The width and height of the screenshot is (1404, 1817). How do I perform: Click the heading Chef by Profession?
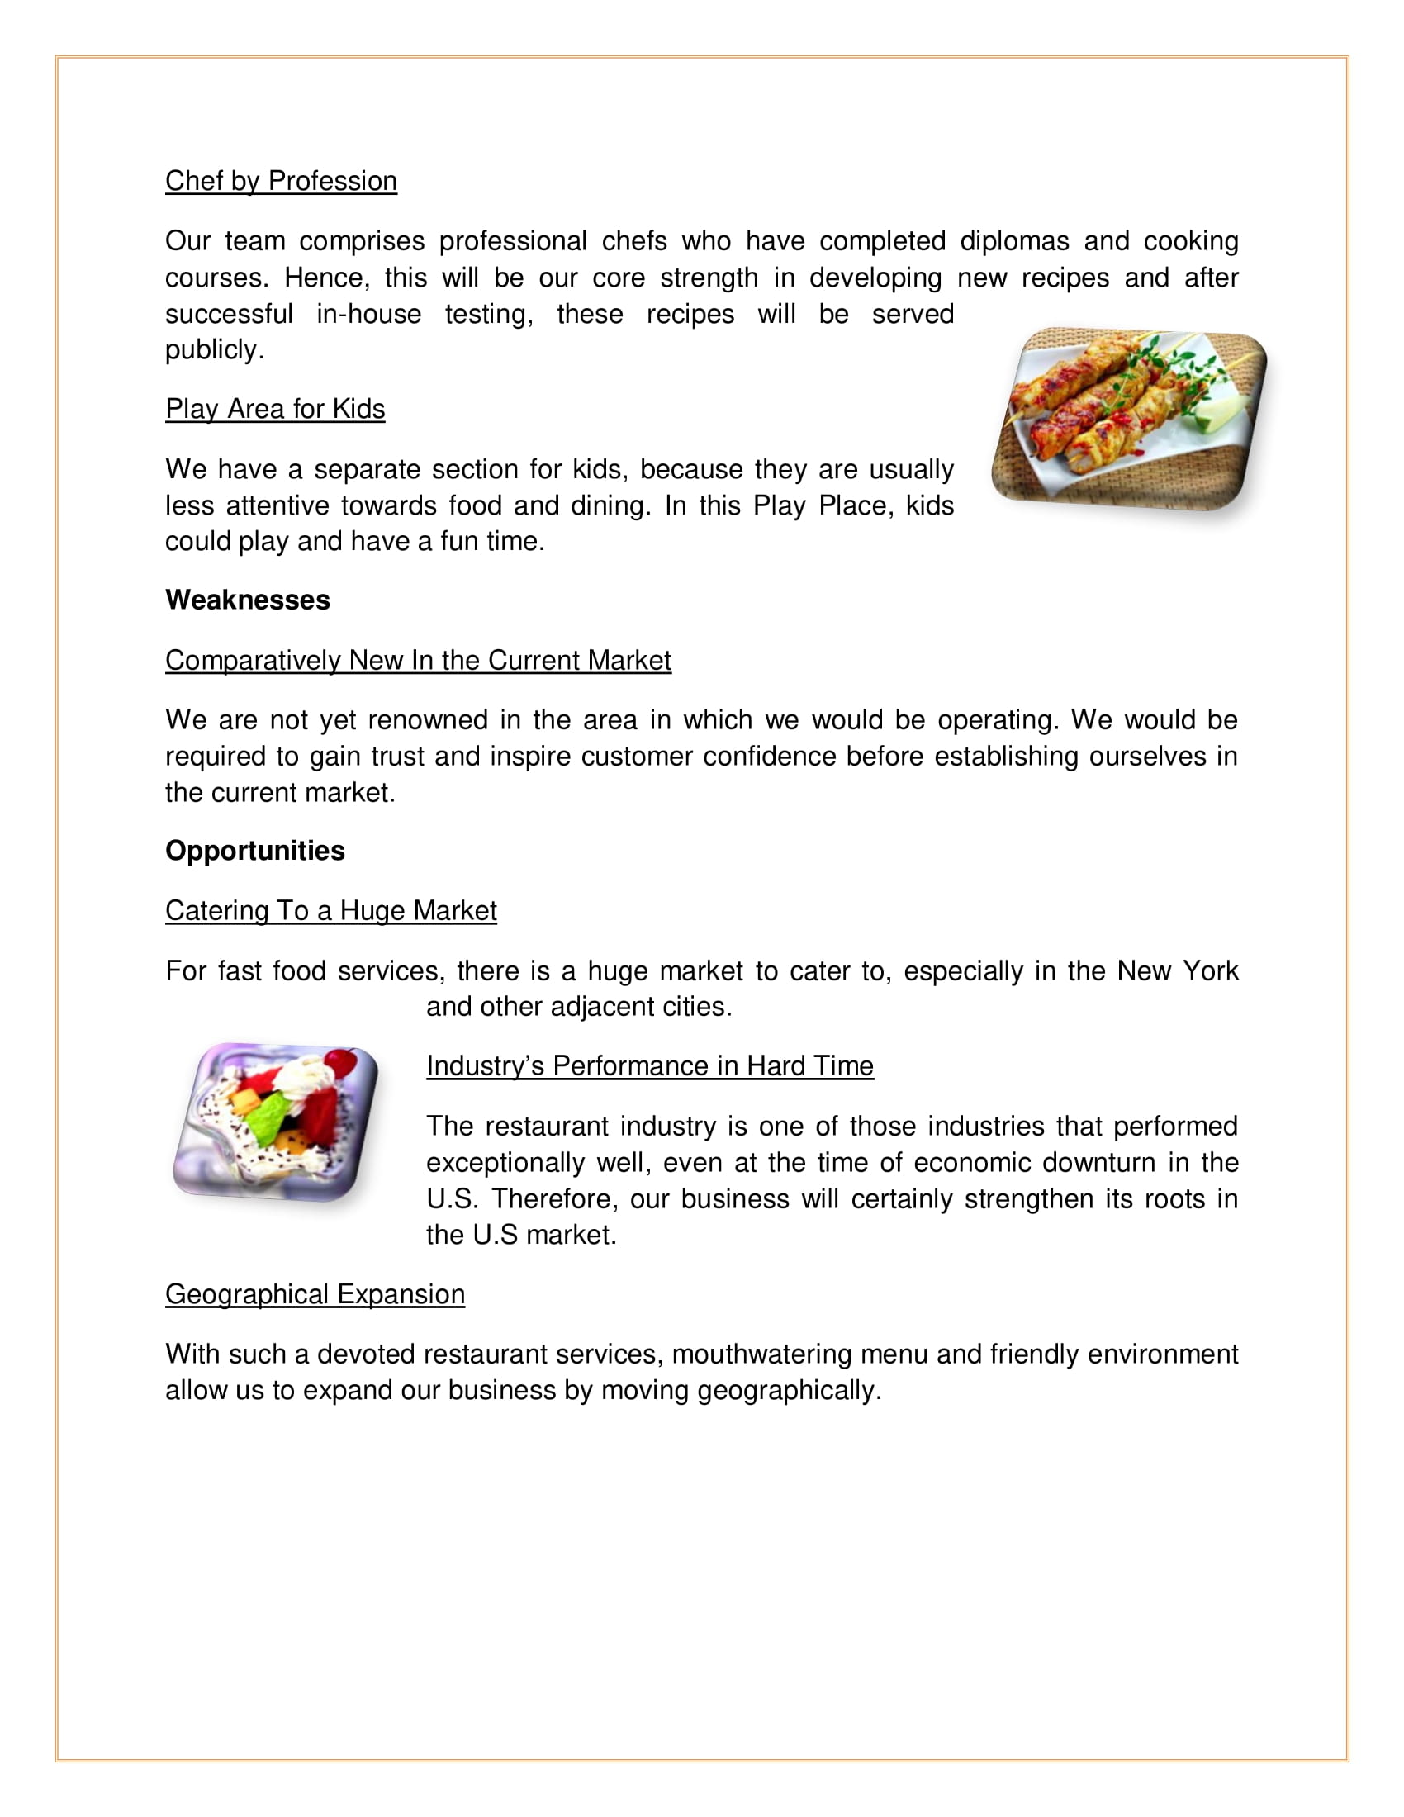click(x=281, y=182)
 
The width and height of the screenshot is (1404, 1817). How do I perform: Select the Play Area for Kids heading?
click(x=275, y=410)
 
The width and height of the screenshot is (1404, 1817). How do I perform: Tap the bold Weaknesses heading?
click(x=248, y=600)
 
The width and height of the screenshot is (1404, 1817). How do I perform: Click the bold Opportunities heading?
click(x=255, y=850)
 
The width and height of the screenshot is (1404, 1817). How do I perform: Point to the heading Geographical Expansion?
click(x=315, y=1294)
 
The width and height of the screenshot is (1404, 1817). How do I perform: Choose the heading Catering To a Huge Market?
click(x=331, y=911)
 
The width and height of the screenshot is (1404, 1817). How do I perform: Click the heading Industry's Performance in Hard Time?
click(x=650, y=1065)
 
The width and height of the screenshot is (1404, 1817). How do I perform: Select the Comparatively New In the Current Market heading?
click(x=419, y=661)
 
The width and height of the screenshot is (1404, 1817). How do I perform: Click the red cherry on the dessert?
click(x=340, y=1060)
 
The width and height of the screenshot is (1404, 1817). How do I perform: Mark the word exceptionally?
click(x=505, y=1162)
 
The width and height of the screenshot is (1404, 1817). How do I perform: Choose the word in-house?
click(x=368, y=315)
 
